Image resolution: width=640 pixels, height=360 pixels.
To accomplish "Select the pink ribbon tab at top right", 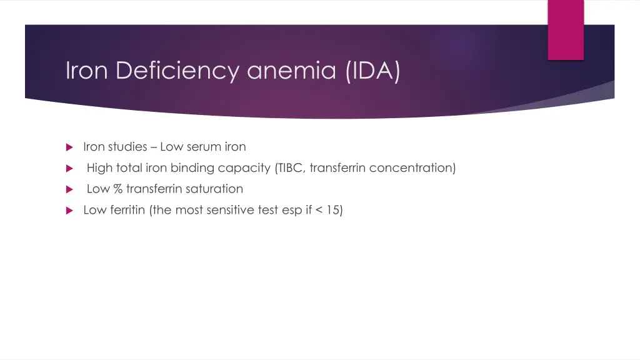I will [x=566, y=29].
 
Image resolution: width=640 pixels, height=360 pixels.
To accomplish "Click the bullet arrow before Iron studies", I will [x=69, y=147].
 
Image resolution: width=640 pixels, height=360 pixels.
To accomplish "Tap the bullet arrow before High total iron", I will [x=69, y=168].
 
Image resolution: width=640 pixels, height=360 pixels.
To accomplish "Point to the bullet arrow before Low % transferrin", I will [x=69, y=189].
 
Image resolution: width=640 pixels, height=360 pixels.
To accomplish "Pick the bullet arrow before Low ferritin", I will [x=69, y=211].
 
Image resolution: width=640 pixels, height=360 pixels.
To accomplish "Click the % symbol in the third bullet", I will [x=118, y=189].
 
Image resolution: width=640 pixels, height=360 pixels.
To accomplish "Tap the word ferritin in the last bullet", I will [x=127, y=210].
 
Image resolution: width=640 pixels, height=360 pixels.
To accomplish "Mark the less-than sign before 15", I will [x=319, y=210].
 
